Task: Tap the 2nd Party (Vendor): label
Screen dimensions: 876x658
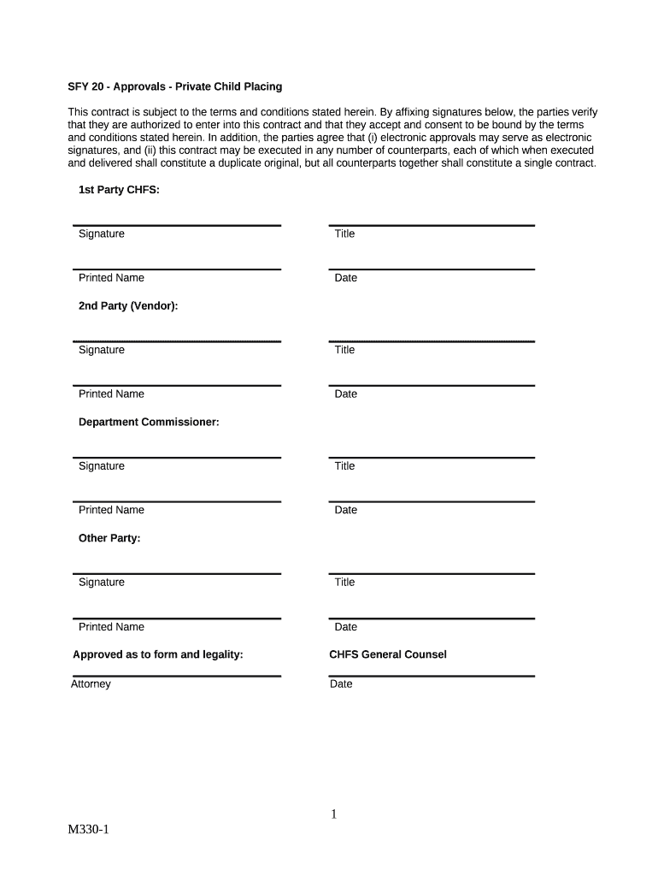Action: (x=128, y=305)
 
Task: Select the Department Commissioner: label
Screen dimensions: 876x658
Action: (x=149, y=422)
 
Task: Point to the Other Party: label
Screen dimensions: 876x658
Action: (x=109, y=538)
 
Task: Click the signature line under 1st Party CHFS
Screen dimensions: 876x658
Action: (x=177, y=226)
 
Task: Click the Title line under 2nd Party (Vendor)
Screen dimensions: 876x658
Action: (x=432, y=341)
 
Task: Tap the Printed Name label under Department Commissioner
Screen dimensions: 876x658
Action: (x=111, y=510)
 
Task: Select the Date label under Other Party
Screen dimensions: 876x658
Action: (x=346, y=627)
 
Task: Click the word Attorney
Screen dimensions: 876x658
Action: (x=91, y=684)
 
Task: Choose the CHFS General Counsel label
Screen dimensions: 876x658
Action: (x=388, y=654)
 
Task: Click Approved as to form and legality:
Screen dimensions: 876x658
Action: (x=158, y=654)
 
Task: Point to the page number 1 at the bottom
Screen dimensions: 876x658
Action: (x=334, y=814)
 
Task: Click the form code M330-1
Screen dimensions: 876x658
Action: (x=90, y=830)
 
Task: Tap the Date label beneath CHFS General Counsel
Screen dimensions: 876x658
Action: (x=341, y=684)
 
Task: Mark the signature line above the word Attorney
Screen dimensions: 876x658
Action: (x=177, y=676)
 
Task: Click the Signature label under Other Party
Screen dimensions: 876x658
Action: (x=102, y=582)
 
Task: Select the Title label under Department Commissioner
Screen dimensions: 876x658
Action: (x=344, y=466)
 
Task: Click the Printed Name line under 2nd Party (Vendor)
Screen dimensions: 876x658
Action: (x=177, y=385)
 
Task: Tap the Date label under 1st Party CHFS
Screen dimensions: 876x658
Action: (x=346, y=278)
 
